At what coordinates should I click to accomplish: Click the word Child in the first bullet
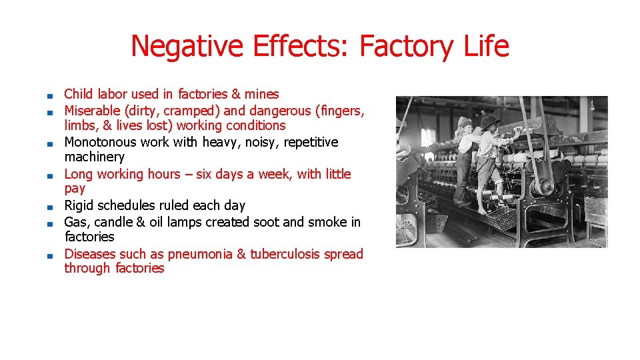(x=78, y=94)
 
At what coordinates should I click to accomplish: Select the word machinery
(x=94, y=157)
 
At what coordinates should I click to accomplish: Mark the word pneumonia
(x=200, y=254)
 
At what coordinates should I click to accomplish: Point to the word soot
(x=266, y=222)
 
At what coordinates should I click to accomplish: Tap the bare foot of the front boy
(x=481, y=210)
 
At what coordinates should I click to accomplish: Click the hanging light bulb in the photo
(x=591, y=105)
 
